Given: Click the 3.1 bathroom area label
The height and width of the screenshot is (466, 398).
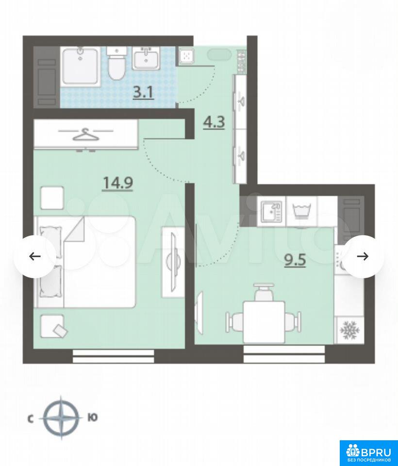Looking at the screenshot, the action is point(143,93).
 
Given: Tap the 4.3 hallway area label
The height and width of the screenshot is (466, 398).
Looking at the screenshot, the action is point(214,122).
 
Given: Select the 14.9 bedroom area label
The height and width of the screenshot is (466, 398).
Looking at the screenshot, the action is point(117,183).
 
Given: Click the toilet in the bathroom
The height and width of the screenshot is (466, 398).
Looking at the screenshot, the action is point(116,63).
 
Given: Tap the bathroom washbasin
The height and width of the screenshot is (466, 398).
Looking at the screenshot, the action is point(146,58).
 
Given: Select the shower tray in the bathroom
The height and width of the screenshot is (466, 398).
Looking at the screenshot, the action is point(80,67).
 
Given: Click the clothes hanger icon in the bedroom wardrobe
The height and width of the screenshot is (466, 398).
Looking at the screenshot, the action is point(86,134).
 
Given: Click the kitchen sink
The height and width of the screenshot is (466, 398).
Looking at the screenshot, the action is point(272,211).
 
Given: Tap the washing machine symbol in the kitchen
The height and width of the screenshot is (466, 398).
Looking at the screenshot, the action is point(302,211).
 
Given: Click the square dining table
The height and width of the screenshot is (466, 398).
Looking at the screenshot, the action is point(264,322).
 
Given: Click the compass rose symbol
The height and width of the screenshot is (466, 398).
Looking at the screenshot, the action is point(61,418).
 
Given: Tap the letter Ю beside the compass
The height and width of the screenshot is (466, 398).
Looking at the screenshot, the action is point(93,418).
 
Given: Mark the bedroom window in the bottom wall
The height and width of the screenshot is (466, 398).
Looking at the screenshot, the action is point(113,356).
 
